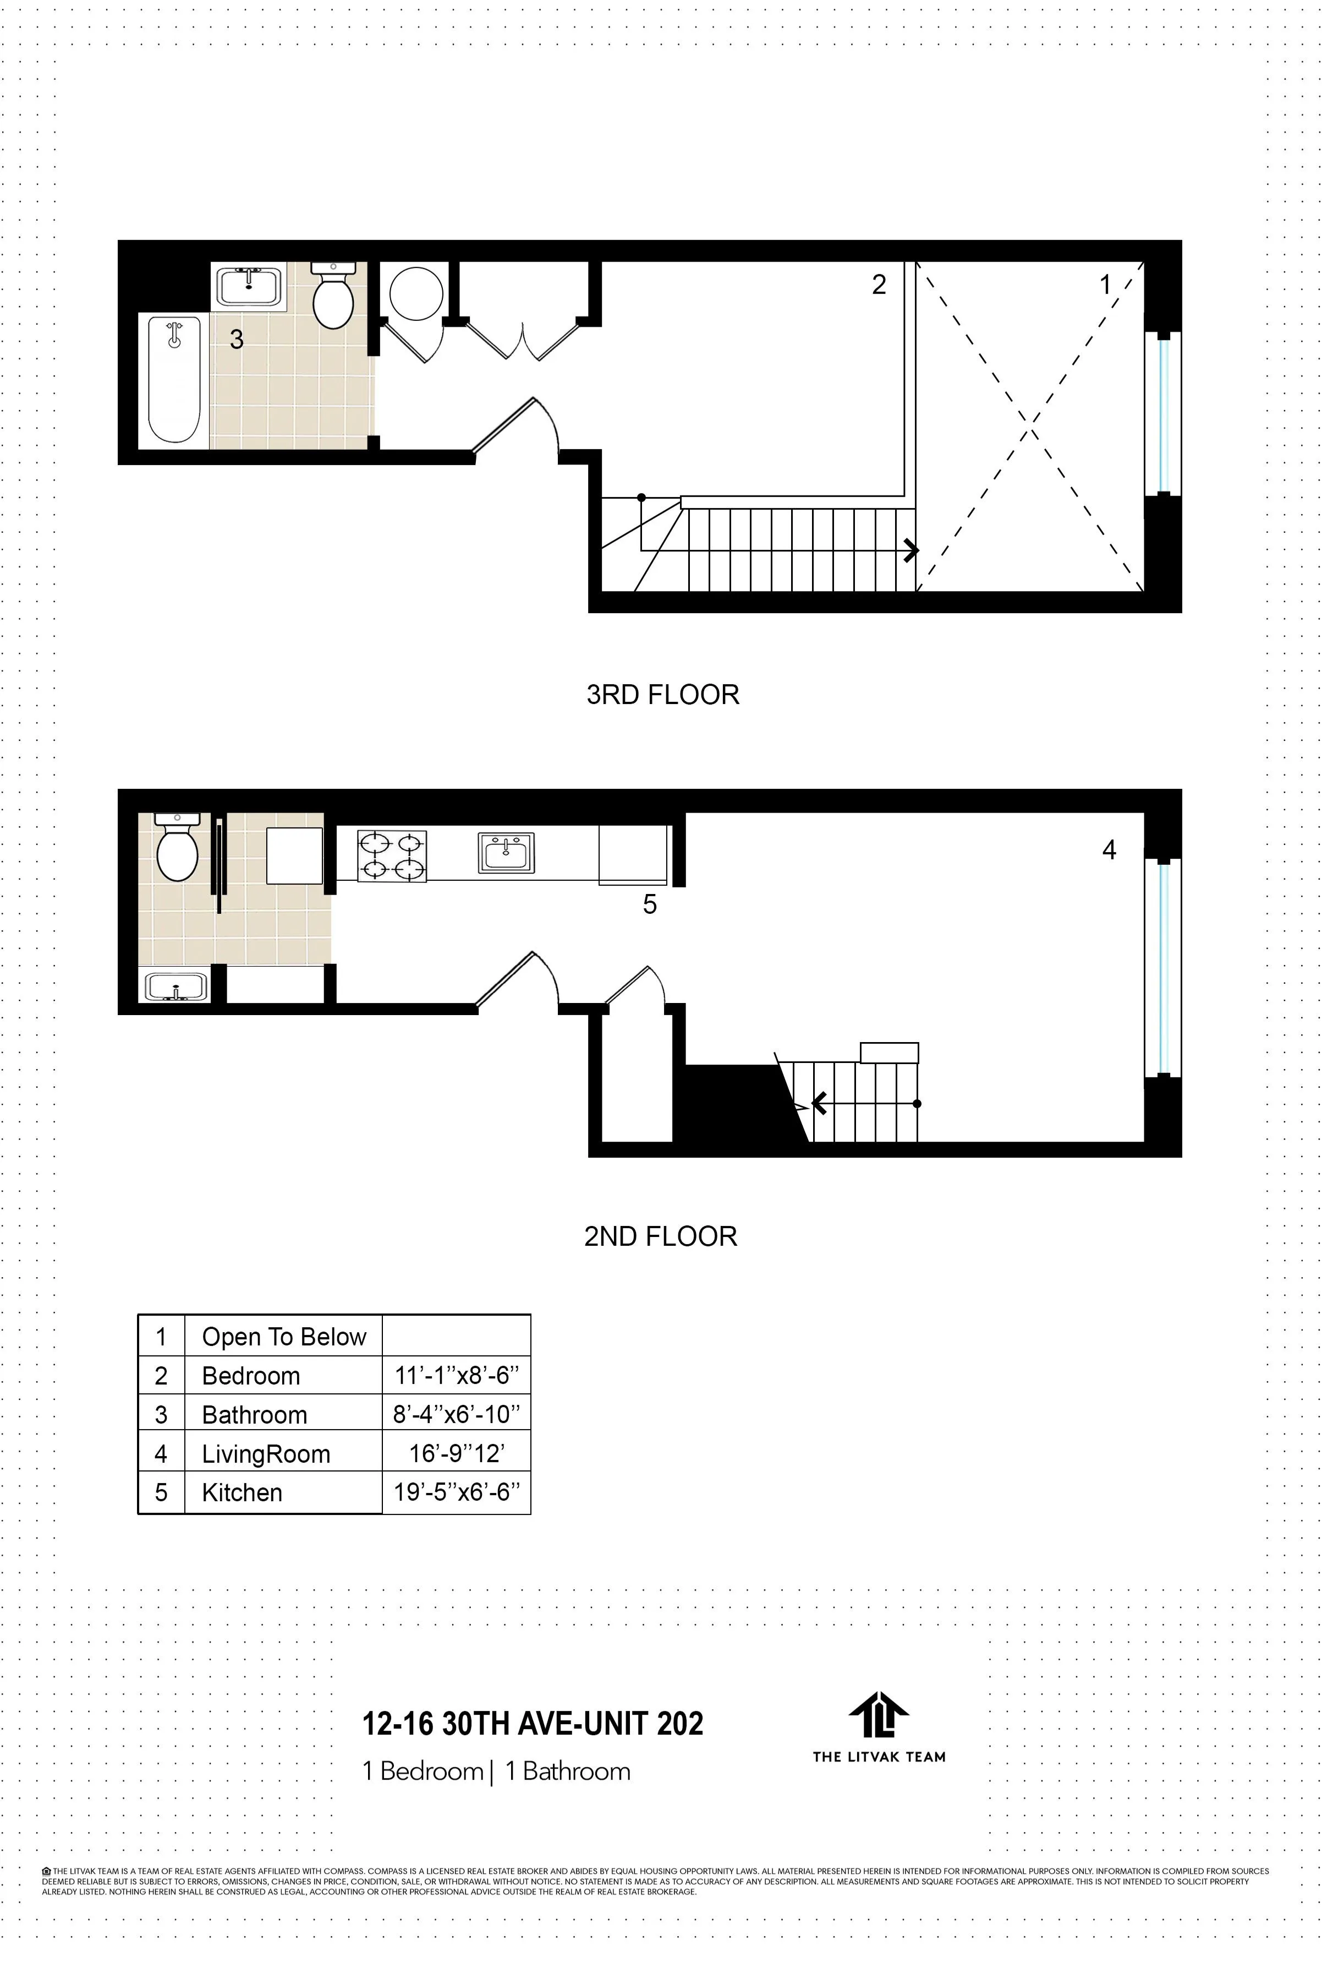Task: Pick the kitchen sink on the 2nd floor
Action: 506,852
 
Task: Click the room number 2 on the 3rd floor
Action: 879,285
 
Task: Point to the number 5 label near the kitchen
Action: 649,904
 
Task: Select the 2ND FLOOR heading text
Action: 660,1236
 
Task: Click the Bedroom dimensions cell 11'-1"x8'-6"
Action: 456,1376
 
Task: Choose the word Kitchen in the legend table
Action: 242,1492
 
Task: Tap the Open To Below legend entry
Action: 284,1337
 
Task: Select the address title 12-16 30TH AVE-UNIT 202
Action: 532,1724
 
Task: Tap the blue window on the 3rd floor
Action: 1164,414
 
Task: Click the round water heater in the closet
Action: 416,293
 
